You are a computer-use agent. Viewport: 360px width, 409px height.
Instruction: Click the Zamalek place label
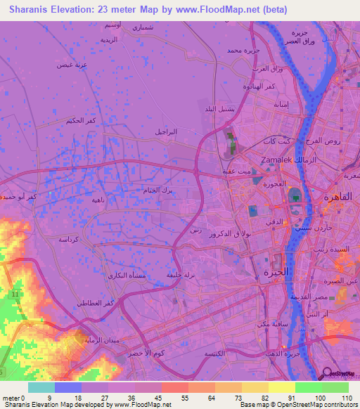[x=276, y=160]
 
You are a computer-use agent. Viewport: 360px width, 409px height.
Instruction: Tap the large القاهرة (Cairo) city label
[x=336, y=197]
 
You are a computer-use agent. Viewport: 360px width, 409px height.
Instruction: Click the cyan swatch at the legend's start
[x=41, y=387]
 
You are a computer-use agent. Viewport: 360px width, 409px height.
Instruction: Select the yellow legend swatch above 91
[x=282, y=387]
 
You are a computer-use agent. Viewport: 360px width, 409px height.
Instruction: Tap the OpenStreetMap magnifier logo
[x=328, y=374]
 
